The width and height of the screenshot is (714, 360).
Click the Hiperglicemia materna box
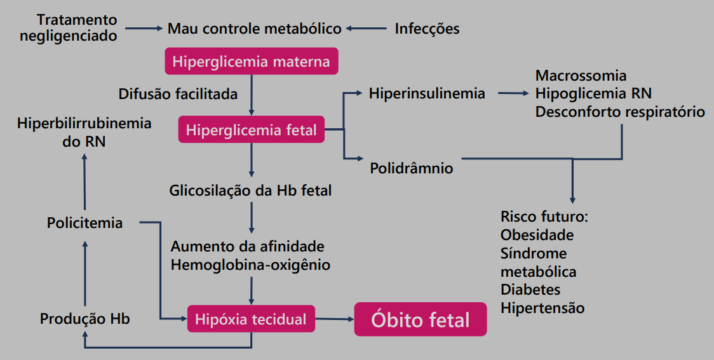(x=251, y=62)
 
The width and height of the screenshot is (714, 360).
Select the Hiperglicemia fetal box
(x=251, y=130)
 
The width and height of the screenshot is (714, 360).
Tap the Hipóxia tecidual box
(x=251, y=319)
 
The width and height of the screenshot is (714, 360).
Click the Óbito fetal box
(x=421, y=319)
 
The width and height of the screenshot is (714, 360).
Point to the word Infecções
(x=427, y=29)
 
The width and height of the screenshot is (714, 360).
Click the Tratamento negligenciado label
(x=69, y=28)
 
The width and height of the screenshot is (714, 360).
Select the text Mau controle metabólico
(x=255, y=29)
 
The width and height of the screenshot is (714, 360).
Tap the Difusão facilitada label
(x=178, y=95)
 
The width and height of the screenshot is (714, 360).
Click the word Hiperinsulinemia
(x=427, y=94)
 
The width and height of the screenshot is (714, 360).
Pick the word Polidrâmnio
(x=412, y=168)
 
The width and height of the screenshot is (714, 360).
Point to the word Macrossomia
(x=581, y=76)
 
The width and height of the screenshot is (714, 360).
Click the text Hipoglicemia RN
(x=593, y=94)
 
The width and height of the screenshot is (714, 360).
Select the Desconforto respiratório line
(x=620, y=112)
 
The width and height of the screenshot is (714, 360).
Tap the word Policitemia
(x=84, y=223)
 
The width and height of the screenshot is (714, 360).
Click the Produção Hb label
(x=84, y=319)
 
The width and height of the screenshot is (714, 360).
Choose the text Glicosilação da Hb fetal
(x=250, y=190)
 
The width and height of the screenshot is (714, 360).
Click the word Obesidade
(x=537, y=235)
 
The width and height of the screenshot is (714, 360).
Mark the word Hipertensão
(x=542, y=309)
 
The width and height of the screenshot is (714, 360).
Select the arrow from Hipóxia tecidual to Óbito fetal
(x=334, y=319)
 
